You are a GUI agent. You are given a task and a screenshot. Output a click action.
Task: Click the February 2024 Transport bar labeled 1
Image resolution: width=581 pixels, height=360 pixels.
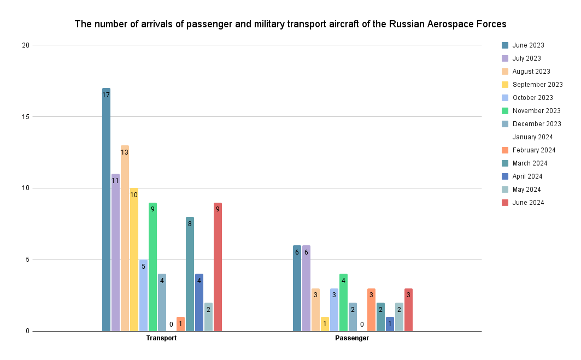(180, 324)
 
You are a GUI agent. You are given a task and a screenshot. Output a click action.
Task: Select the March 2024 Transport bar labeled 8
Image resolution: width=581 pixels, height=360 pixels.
(190, 274)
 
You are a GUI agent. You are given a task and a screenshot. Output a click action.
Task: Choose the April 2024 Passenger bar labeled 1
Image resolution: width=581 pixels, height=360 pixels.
(390, 324)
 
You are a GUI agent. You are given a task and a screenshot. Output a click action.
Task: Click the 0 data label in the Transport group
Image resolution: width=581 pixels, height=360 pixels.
(171, 324)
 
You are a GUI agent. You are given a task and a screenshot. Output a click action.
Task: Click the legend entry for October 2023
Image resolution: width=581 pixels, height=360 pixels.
(532, 98)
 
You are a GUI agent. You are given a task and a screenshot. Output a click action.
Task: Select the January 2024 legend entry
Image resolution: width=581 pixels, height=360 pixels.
(532, 137)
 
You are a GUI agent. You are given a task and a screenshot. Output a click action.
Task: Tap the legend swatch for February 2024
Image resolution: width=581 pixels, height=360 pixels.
(505, 150)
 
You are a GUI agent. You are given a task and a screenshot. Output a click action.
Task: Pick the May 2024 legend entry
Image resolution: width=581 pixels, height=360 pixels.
(526, 190)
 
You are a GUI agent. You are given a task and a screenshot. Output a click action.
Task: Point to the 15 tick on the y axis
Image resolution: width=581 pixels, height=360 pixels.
(25, 116)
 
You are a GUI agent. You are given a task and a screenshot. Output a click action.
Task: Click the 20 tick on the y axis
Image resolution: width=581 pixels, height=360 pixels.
(25, 45)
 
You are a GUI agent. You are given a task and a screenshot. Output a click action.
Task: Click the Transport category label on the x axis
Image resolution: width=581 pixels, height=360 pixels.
(161, 338)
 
